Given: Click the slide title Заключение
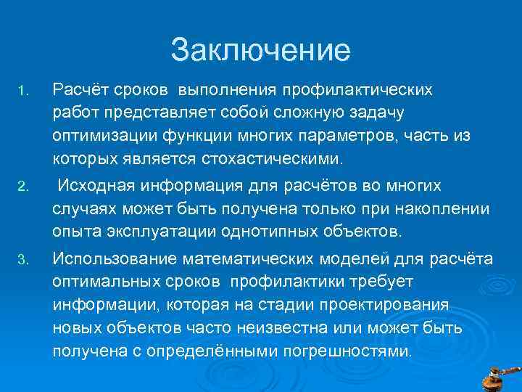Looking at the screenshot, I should pyautogui.click(x=260, y=50).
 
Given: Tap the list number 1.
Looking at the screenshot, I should pyautogui.click(x=22, y=91).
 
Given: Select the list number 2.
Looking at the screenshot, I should pyautogui.click(x=22, y=188).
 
